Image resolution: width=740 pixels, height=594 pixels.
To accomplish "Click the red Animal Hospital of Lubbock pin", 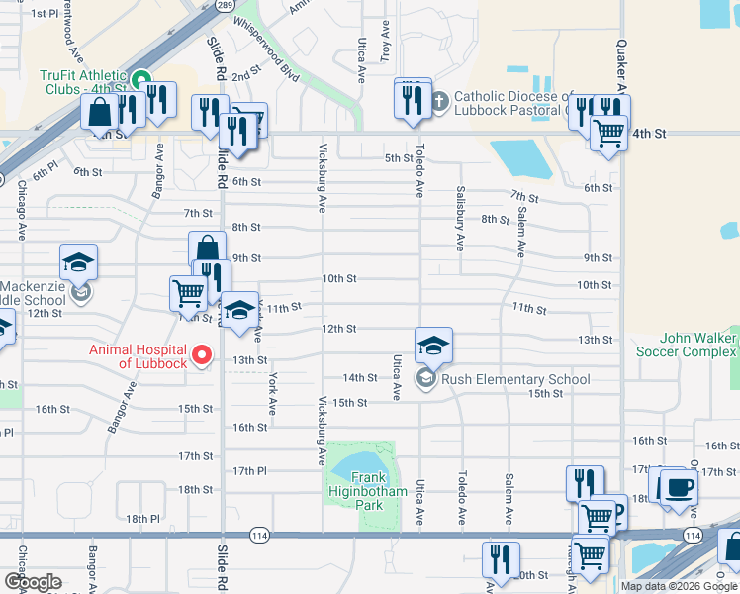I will [203, 353].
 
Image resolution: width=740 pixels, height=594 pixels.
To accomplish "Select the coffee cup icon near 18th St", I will [679, 488].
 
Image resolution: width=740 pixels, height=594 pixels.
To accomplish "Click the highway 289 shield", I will [224, 5].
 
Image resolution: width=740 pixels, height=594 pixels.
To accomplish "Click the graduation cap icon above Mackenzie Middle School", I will [78, 263].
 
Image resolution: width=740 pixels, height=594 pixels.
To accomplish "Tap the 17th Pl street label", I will [250, 471].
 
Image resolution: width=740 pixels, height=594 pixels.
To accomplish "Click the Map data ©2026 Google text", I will [679, 586].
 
